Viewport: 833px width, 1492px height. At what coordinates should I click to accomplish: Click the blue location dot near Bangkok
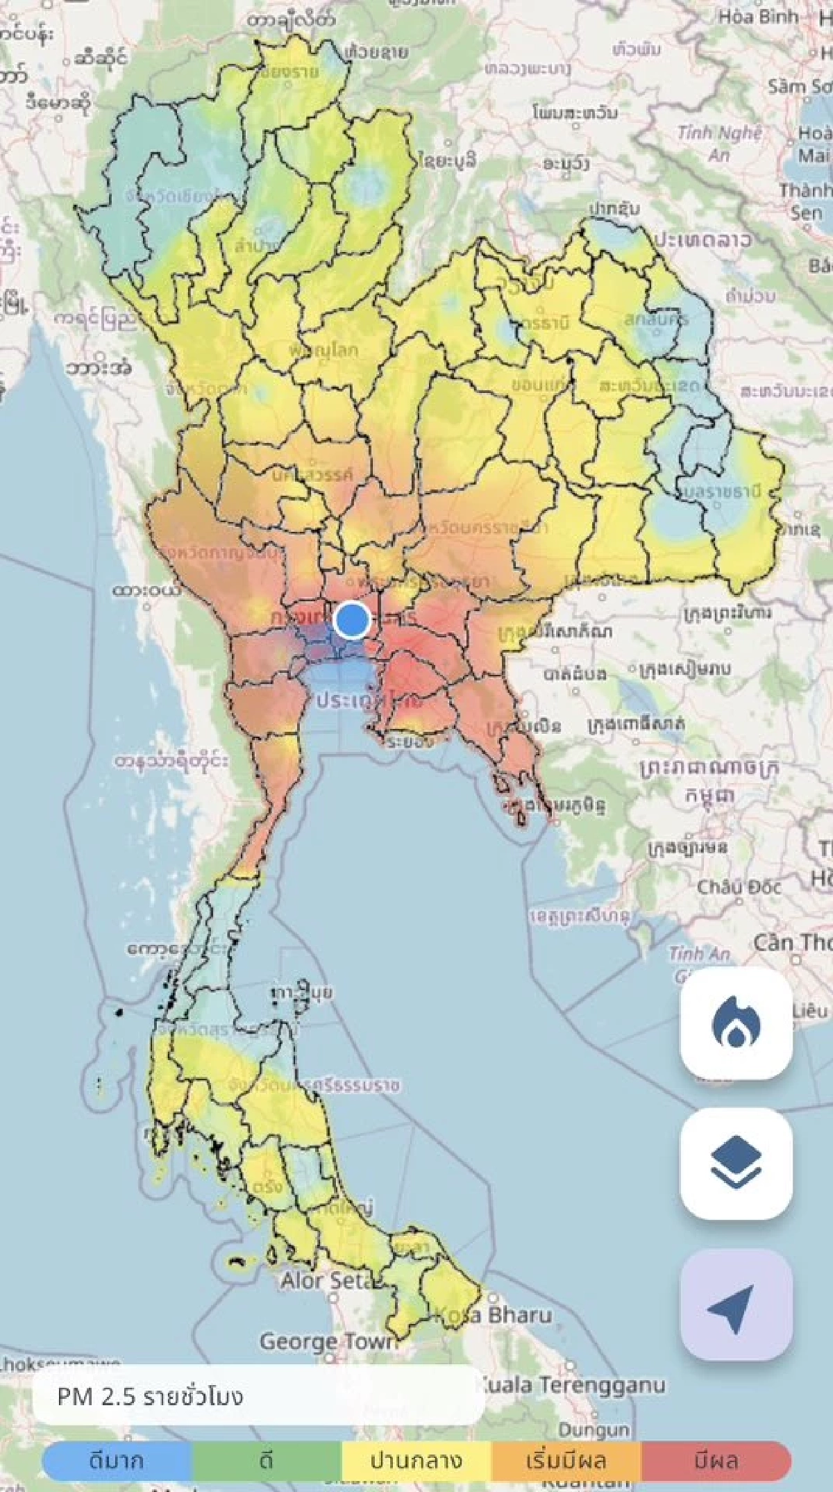[x=352, y=619]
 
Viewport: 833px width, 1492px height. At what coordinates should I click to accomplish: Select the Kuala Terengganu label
[x=573, y=1366]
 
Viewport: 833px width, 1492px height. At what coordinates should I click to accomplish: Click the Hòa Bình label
[x=758, y=17]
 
